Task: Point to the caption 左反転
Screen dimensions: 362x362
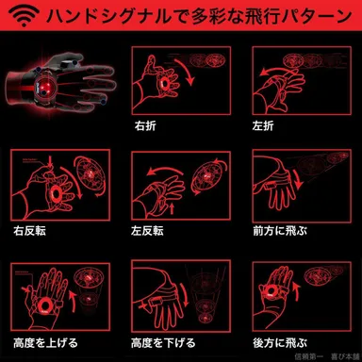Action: click(x=149, y=228)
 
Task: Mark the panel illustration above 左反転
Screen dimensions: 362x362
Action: click(x=178, y=183)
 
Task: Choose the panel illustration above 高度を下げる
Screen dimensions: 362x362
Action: click(x=178, y=294)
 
